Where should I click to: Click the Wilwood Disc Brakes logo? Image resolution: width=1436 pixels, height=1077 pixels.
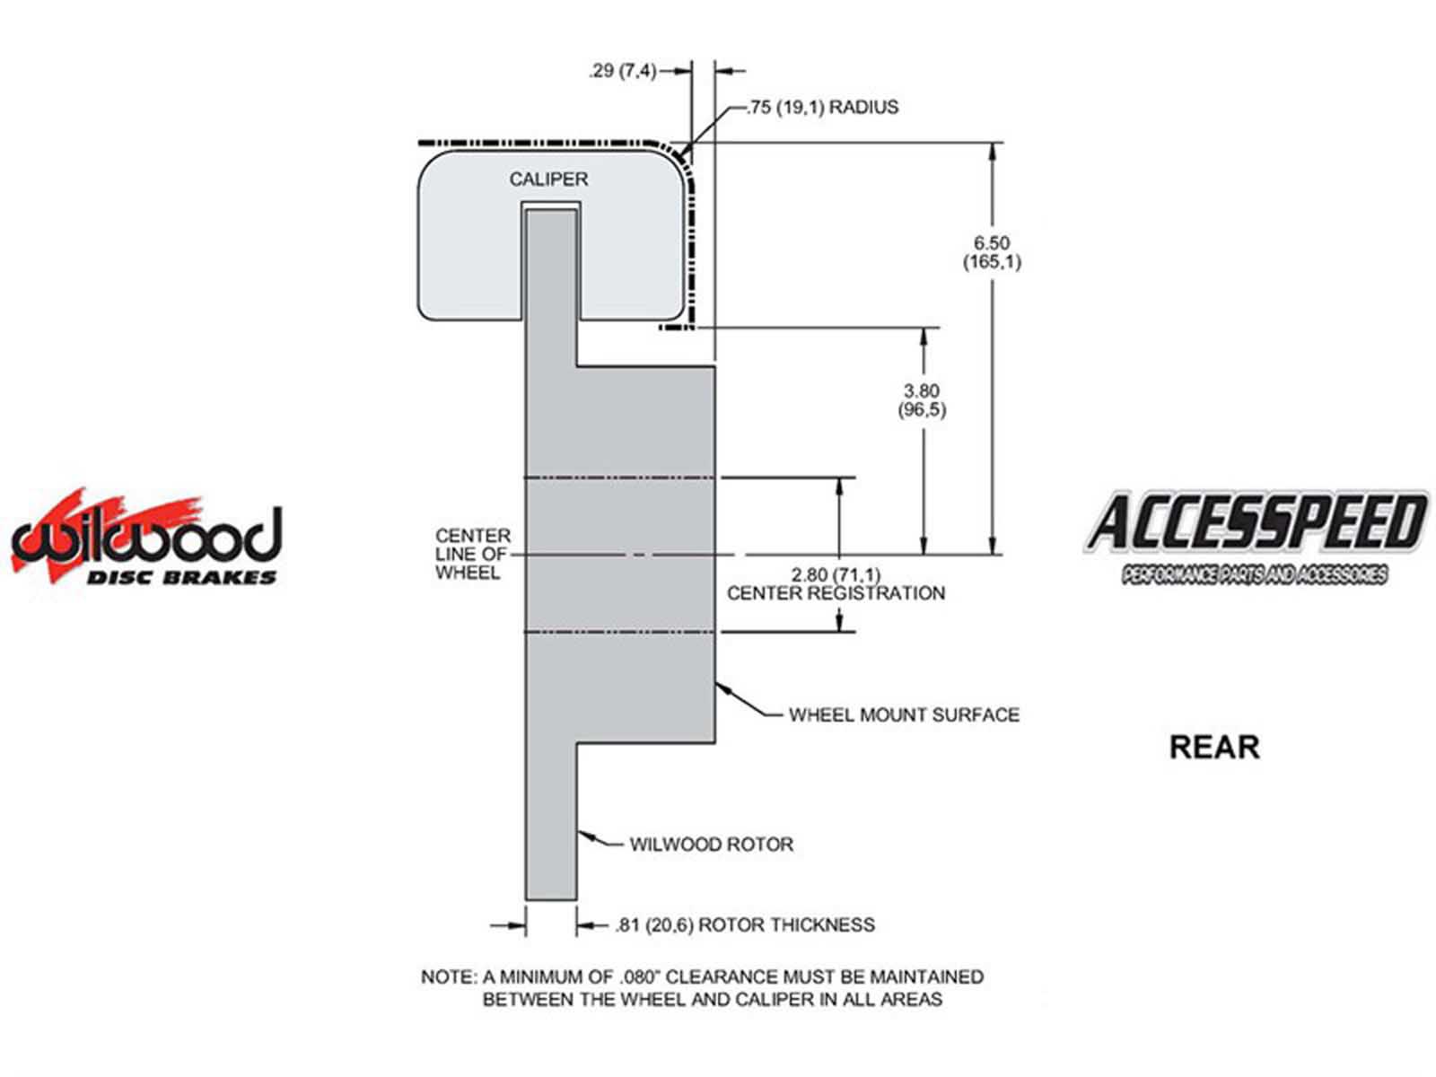pos(146,538)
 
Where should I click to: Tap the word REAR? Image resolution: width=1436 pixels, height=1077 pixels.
pos(1214,747)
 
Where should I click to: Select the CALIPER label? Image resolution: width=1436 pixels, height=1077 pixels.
pos(548,179)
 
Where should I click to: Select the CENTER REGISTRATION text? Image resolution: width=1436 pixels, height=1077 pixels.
pos(836,593)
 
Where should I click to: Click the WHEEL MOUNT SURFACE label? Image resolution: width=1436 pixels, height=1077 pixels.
pos(904,715)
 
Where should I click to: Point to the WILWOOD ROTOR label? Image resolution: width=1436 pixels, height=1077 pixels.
pos(711,845)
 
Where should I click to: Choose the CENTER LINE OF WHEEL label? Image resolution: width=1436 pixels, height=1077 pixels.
pos(473,554)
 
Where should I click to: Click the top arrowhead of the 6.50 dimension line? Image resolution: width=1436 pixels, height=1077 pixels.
pos(992,152)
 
